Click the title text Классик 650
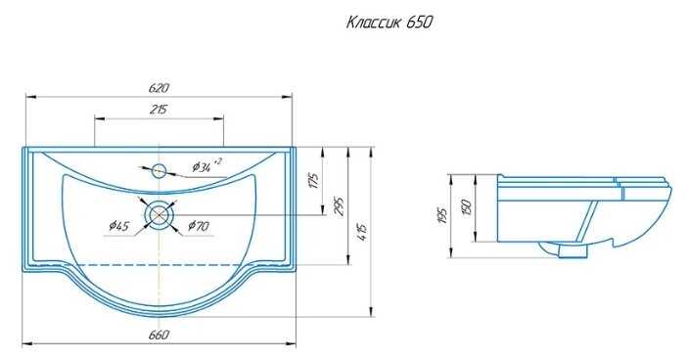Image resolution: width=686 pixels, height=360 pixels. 389,22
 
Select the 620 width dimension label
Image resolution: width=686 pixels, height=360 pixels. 159,88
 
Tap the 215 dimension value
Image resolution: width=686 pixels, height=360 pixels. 158,109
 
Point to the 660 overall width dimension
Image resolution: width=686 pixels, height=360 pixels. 159,336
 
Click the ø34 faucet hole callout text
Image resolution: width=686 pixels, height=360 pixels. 206,165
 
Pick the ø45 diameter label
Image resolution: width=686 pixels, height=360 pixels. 118,226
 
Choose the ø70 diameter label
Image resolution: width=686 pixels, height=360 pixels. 199,226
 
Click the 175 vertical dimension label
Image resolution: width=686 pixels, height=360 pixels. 314,180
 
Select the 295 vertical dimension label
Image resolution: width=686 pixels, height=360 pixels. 339,206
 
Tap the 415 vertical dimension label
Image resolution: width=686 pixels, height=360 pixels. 362,232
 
